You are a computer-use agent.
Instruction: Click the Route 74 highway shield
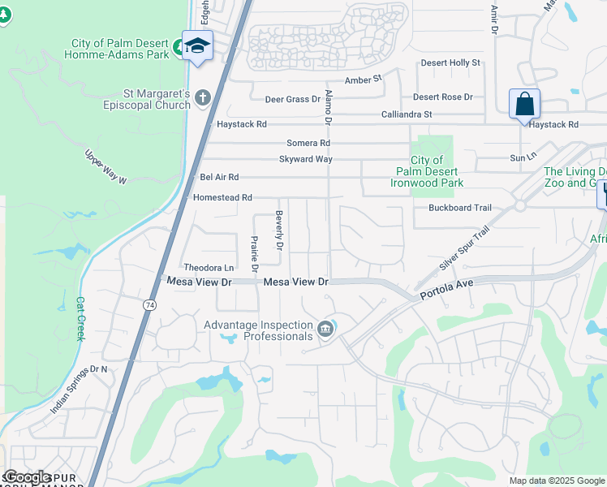(x=149, y=304)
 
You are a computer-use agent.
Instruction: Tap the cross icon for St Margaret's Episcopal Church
(x=203, y=99)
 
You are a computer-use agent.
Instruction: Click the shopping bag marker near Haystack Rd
(x=524, y=105)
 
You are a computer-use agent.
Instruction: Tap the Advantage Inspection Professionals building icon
(x=325, y=328)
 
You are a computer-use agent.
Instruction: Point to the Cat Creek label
(x=80, y=318)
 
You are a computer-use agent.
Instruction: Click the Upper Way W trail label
(x=106, y=166)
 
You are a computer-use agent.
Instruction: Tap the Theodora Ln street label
(x=209, y=268)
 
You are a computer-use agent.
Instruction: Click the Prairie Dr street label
(x=254, y=252)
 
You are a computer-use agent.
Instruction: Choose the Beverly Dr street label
(x=279, y=231)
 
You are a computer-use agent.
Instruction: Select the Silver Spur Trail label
(x=464, y=249)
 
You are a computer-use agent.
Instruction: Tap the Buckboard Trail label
(x=460, y=208)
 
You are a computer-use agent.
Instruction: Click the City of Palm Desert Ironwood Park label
(x=427, y=172)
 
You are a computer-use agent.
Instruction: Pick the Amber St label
(x=363, y=80)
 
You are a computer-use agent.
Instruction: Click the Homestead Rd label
(x=222, y=197)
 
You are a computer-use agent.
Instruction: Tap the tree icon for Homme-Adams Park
(x=178, y=49)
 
